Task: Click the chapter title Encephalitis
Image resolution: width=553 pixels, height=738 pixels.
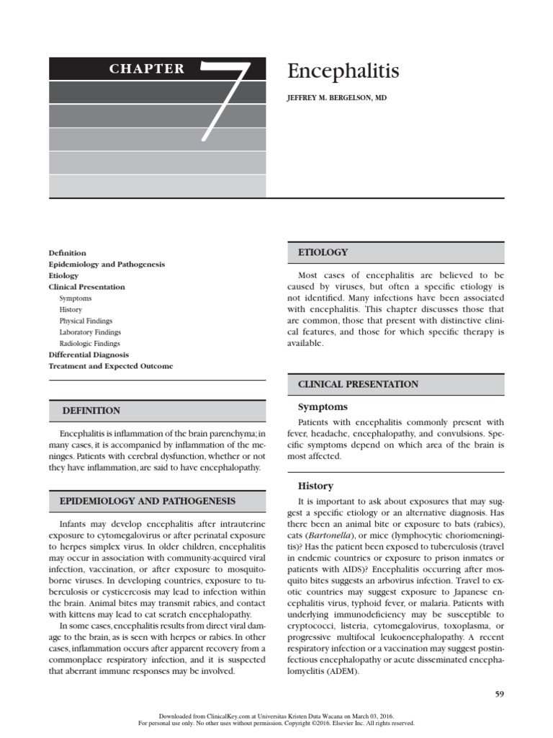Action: (x=343, y=71)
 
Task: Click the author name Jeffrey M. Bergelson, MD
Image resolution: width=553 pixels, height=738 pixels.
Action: (x=337, y=97)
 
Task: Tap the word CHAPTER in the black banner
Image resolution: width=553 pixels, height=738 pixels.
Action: (x=146, y=69)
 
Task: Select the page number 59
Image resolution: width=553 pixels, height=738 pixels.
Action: (x=499, y=694)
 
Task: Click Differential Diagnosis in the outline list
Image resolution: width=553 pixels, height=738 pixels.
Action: (x=89, y=355)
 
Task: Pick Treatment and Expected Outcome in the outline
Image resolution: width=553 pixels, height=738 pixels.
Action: (x=110, y=366)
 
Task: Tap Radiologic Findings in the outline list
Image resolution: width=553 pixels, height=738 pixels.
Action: (x=90, y=344)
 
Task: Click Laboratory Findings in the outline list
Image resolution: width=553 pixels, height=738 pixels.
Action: (x=90, y=332)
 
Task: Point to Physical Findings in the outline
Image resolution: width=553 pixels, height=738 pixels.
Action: (x=86, y=321)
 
